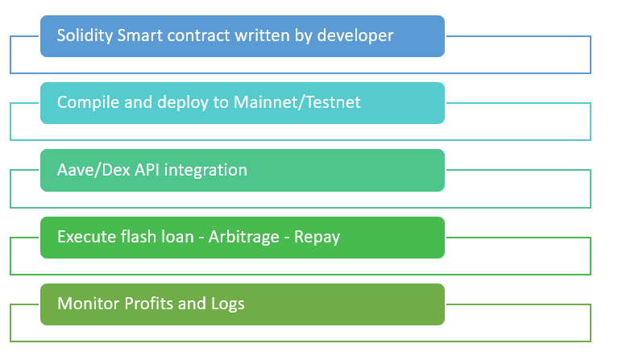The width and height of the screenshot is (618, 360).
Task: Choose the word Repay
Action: click(317, 238)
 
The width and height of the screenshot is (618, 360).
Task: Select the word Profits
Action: click(147, 304)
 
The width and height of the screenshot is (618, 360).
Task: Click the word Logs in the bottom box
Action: click(226, 304)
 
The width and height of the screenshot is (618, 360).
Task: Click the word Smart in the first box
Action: click(138, 36)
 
